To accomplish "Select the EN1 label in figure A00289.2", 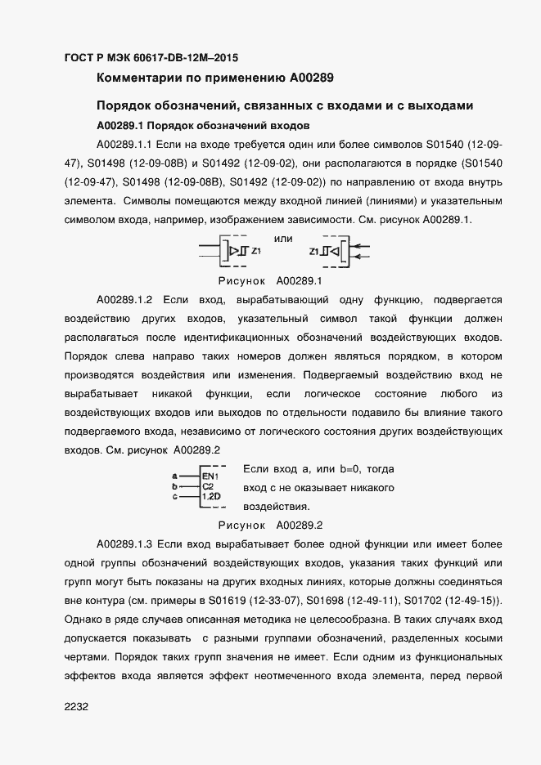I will click(x=210, y=475).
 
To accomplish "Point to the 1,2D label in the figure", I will click(x=211, y=496).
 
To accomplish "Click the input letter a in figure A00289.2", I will click(x=175, y=475).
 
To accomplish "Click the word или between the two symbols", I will click(x=283, y=238).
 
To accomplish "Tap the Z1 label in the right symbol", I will click(x=314, y=251).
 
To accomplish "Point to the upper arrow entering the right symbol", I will click(x=364, y=245).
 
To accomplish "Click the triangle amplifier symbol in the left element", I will click(x=233, y=251).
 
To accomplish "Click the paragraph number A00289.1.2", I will click(x=124, y=300).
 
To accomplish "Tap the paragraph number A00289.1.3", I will click(x=124, y=544).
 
